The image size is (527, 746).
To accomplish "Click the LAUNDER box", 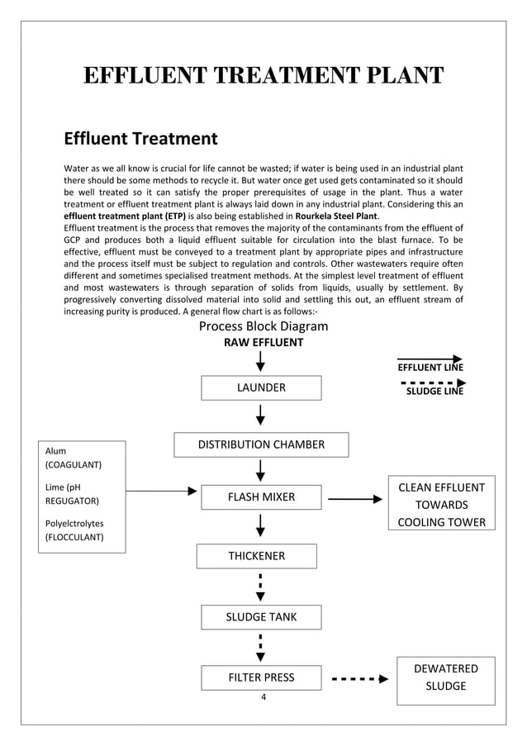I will click(261, 387).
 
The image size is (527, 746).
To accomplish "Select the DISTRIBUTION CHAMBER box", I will click(261, 444).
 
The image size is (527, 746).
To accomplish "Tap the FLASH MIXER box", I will click(261, 497).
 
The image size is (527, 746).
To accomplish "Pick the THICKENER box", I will click(256, 556).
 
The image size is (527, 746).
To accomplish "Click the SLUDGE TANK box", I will click(261, 616).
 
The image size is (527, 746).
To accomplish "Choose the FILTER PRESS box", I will click(261, 677).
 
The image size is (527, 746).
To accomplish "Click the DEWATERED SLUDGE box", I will click(445, 677).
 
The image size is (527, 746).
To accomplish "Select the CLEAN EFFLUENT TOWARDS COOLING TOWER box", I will click(441, 505).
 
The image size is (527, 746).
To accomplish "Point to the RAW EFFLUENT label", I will click(263, 342).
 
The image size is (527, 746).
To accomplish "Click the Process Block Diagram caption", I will click(263, 326).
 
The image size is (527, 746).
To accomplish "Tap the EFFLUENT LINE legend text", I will click(430, 367).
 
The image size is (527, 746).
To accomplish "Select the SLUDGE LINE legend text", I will click(434, 392).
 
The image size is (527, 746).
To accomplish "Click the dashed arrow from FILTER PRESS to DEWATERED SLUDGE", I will click(359, 679).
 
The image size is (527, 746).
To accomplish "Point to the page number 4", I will click(263, 697).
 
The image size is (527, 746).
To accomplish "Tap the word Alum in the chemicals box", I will click(56, 451).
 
